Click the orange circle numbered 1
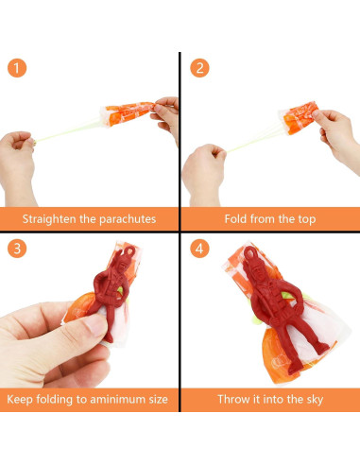click(x=17, y=68)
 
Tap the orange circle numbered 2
click(x=199, y=68)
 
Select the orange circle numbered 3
click(x=17, y=249)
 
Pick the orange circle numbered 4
click(x=199, y=249)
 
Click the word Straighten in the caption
click(x=49, y=219)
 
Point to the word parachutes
click(x=128, y=219)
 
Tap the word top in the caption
click(x=306, y=219)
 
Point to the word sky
click(x=315, y=400)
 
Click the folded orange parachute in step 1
click(x=128, y=113)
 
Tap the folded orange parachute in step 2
click(x=300, y=118)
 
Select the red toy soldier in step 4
click(x=277, y=309)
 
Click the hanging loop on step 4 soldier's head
click(x=250, y=252)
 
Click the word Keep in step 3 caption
click(x=20, y=400)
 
